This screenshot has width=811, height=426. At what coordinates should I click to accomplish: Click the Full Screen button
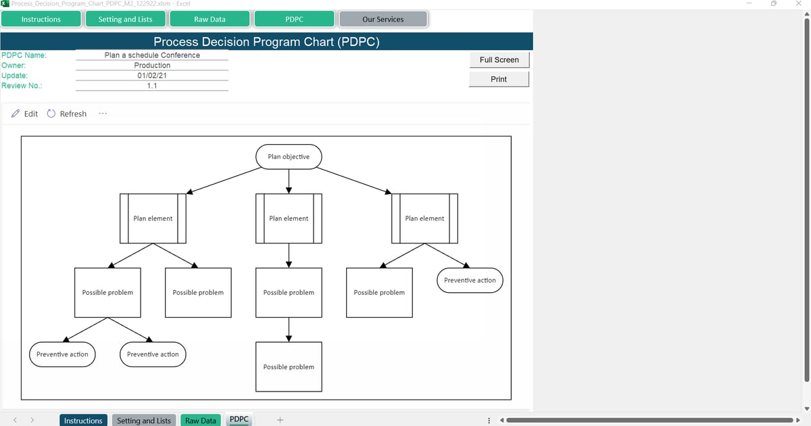(499, 60)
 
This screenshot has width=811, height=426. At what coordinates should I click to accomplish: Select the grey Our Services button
(383, 20)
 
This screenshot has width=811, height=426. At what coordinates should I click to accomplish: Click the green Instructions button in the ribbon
(41, 20)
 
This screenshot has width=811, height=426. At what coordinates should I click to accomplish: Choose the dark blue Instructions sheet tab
(83, 421)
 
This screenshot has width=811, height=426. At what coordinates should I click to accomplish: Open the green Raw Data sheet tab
(201, 421)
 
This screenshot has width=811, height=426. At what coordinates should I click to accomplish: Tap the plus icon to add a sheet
(280, 421)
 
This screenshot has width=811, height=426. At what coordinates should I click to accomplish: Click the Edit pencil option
(25, 114)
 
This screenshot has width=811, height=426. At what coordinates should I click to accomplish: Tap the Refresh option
(67, 114)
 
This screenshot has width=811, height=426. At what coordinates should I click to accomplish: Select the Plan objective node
(289, 157)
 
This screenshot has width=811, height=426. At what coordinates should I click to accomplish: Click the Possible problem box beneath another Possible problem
(289, 367)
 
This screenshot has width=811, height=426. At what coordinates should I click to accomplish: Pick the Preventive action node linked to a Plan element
(470, 281)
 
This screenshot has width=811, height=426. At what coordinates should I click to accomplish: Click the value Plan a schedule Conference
(152, 55)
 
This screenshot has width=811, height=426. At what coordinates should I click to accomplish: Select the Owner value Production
(152, 66)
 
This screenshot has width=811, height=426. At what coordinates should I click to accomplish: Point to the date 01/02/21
(152, 76)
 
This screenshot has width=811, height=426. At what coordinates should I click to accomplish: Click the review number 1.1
(152, 86)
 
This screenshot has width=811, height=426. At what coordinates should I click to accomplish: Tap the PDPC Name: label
(24, 55)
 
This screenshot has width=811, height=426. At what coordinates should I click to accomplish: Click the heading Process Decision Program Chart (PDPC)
(266, 42)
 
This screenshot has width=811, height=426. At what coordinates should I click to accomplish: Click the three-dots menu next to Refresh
(102, 114)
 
